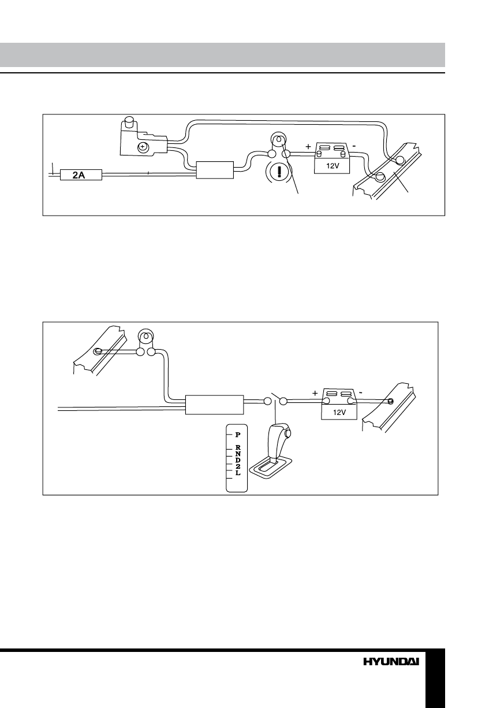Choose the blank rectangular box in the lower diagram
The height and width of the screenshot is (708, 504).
214,405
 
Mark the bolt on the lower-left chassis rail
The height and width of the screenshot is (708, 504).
98,351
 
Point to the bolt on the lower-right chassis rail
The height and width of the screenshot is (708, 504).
391,401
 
